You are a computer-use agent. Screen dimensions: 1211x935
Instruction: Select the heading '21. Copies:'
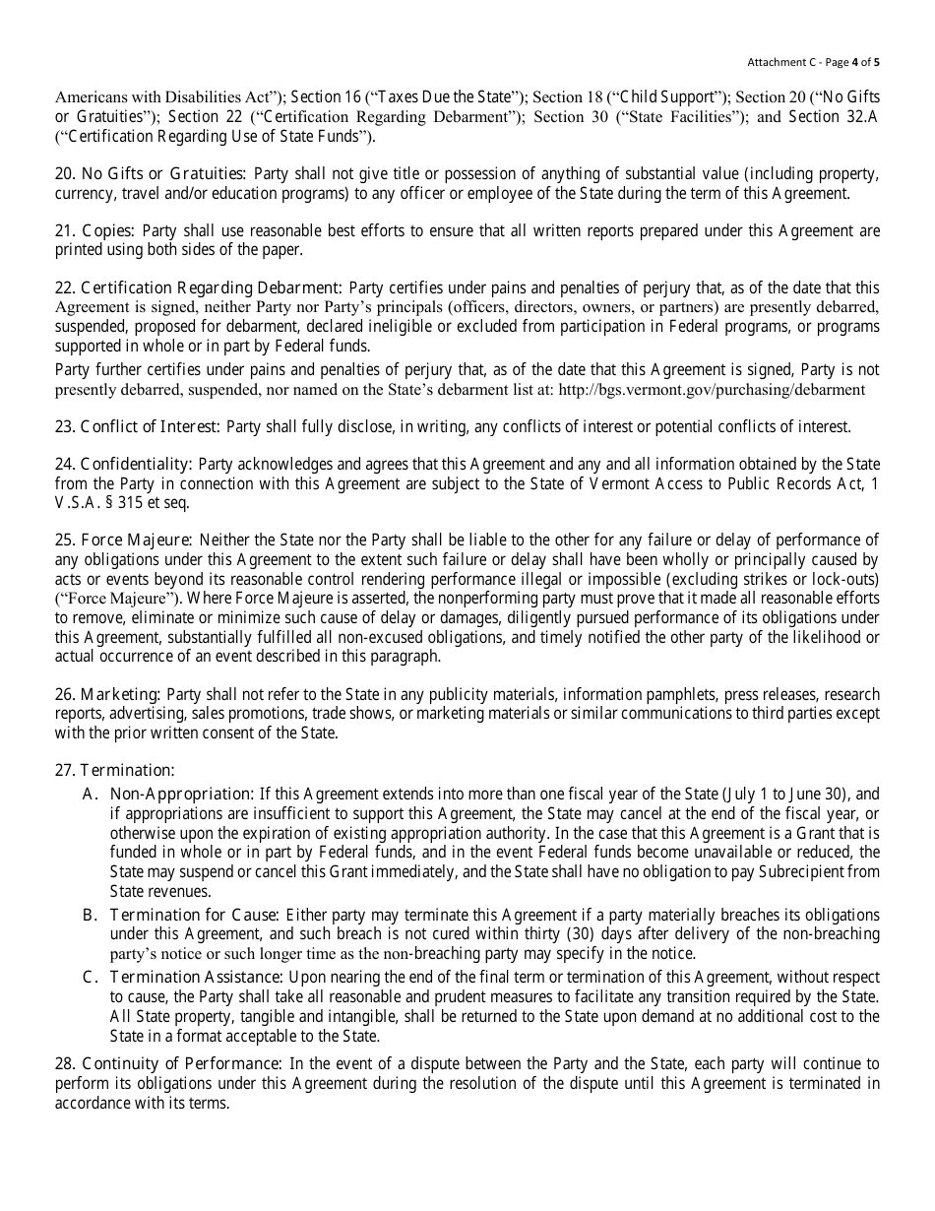click(95, 231)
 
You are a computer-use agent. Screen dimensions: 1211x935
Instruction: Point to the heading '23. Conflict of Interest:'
click(139, 426)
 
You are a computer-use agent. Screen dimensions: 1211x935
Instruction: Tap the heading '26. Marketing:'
click(108, 694)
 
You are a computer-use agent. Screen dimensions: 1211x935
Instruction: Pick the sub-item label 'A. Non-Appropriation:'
click(168, 794)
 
